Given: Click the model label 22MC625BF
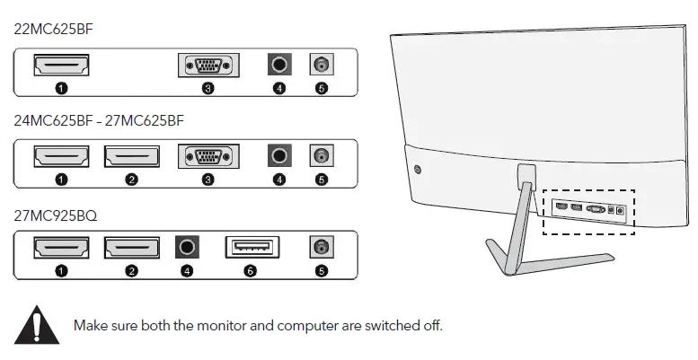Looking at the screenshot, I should tap(54, 30).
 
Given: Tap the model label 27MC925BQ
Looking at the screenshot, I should tap(56, 215).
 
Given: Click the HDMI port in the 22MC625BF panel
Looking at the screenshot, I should tap(61, 66).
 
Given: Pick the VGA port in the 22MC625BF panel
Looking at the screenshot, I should tap(208, 66).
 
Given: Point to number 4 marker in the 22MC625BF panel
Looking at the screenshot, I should tap(279, 89).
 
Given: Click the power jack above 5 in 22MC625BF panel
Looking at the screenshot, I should tap(321, 66).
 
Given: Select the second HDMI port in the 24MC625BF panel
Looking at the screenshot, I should tap(132, 156).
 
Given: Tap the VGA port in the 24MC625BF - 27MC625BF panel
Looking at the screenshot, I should tap(208, 156).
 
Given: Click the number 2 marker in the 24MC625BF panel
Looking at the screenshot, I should tap(132, 180).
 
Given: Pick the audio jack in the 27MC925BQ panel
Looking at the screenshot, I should tap(188, 247).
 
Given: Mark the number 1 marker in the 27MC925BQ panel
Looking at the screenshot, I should tap(61, 270).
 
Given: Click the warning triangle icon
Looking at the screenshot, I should tap(36, 324).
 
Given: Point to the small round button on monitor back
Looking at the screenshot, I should tap(419, 168).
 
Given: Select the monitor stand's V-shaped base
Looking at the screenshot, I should tap(548, 260).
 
